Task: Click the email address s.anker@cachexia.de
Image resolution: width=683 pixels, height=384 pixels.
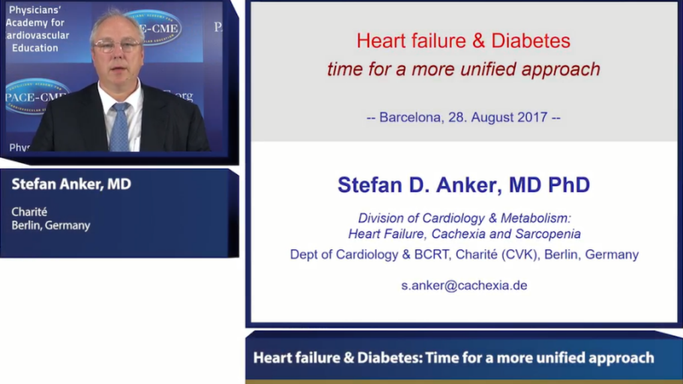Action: (x=464, y=286)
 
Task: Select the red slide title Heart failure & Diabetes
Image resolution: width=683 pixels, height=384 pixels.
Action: (x=463, y=41)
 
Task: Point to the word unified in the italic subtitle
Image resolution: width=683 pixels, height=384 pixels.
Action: (x=488, y=69)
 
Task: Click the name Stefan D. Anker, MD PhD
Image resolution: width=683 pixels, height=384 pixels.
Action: (x=463, y=185)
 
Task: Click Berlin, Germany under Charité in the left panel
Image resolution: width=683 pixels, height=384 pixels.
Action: (x=51, y=226)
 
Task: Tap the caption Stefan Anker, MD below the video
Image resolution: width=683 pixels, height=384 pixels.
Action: (x=71, y=184)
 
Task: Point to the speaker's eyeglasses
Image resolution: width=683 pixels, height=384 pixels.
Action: (x=117, y=46)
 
